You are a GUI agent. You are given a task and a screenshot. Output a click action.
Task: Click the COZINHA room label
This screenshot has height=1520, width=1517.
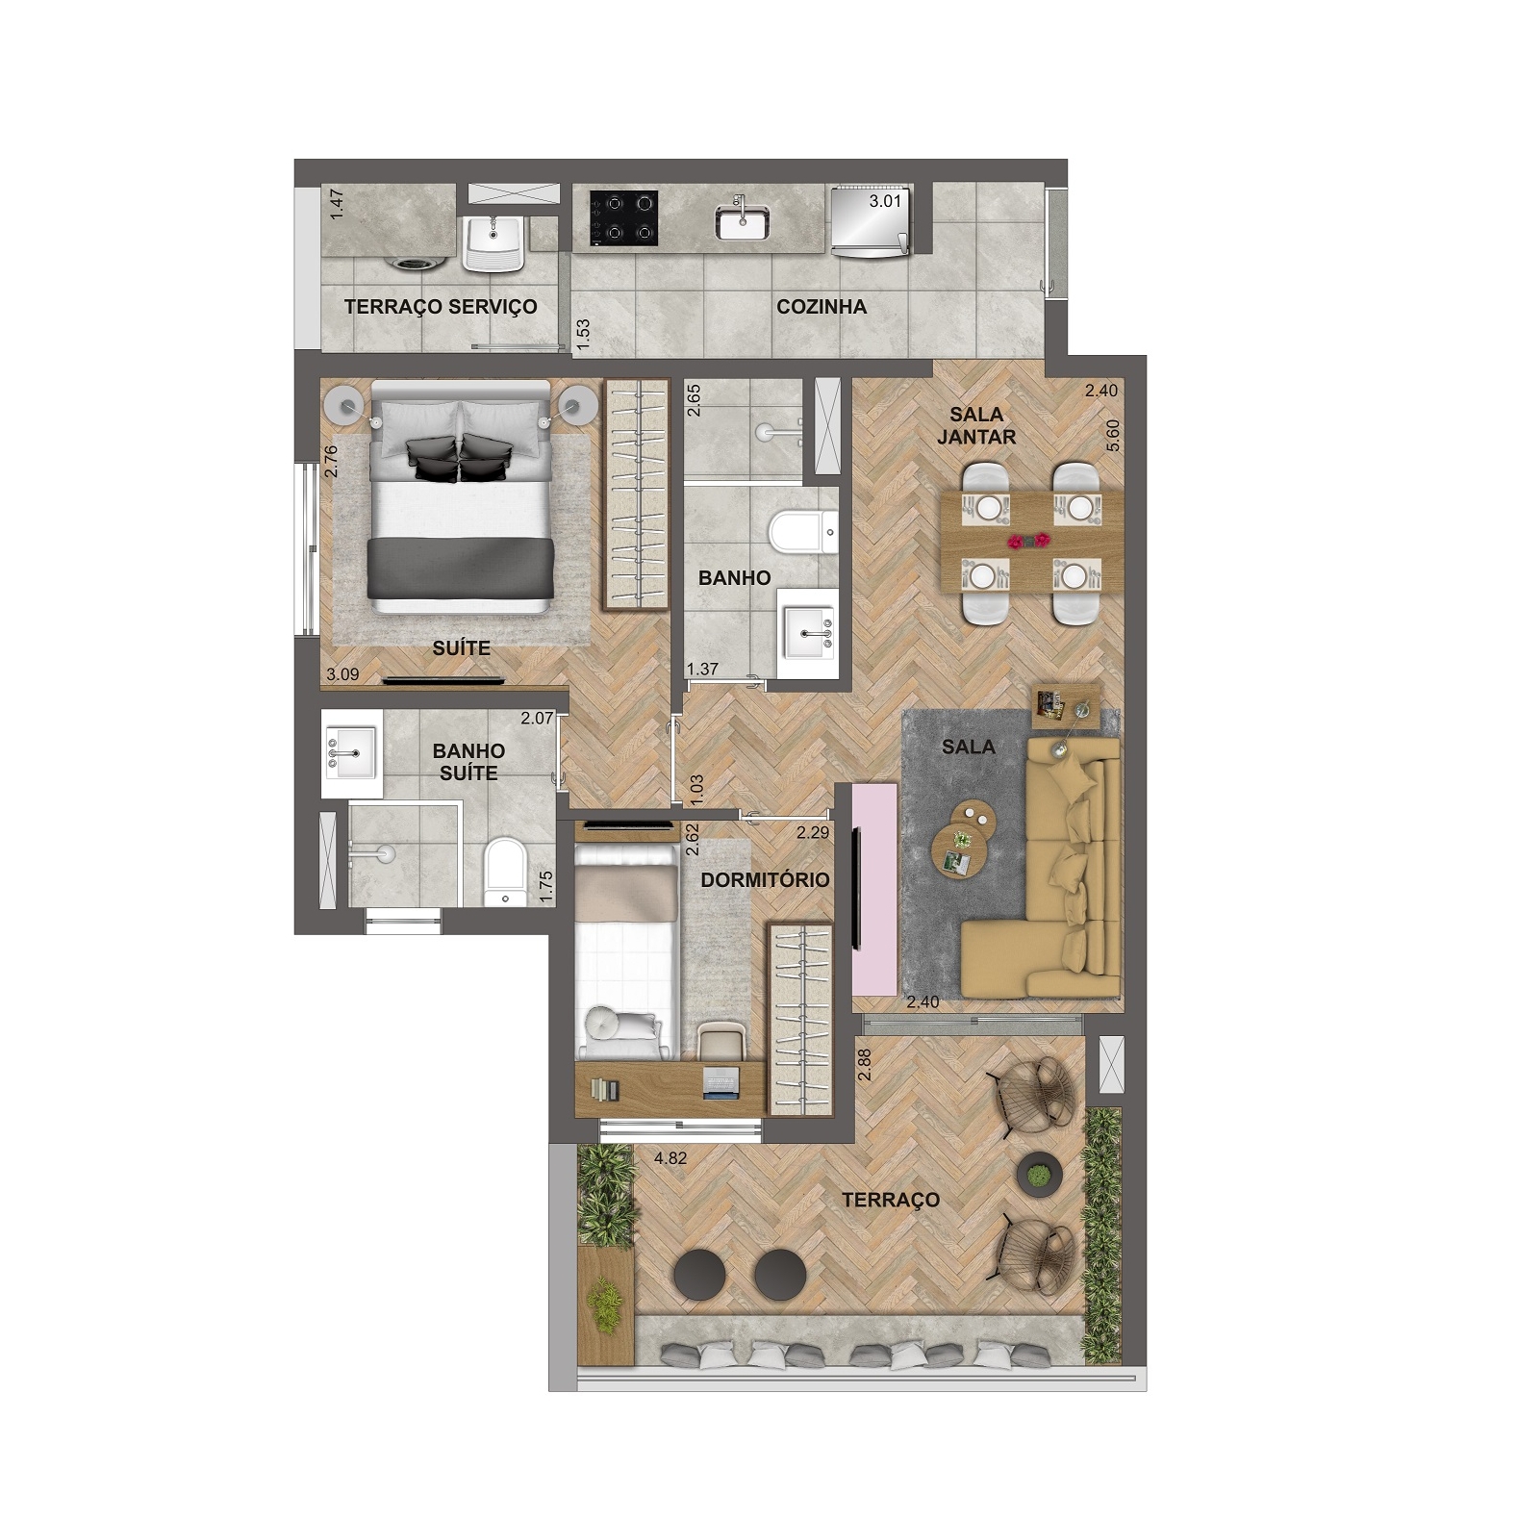click(x=822, y=307)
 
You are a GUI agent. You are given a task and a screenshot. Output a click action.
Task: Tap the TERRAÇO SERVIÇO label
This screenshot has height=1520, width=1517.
click(x=441, y=307)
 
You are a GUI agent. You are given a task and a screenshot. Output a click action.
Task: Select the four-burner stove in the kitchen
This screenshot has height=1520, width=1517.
click(x=624, y=217)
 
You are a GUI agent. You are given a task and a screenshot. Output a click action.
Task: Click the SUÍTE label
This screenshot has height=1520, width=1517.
click(x=462, y=648)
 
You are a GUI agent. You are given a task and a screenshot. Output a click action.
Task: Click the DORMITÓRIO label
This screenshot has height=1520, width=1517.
click(x=765, y=880)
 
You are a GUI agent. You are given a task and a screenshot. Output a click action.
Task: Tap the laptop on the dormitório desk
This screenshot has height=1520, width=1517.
click(x=719, y=1083)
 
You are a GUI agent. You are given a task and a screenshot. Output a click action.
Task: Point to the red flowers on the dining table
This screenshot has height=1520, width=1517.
click(x=1030, y=542)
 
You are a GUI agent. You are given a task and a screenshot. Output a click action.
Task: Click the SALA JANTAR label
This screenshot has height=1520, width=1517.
click(x=976, y=425)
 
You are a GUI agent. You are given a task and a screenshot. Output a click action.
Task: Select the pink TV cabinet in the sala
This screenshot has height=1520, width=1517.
click(x=875, y=891)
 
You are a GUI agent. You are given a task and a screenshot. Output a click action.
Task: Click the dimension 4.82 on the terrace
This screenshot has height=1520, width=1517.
click(x=670, y=1158)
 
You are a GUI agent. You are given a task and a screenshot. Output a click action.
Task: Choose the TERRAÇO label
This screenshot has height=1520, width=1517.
click(x=891, y=1200)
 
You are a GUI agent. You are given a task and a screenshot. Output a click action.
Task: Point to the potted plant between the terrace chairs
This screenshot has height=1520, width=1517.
click(x=1038, y=1175)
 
